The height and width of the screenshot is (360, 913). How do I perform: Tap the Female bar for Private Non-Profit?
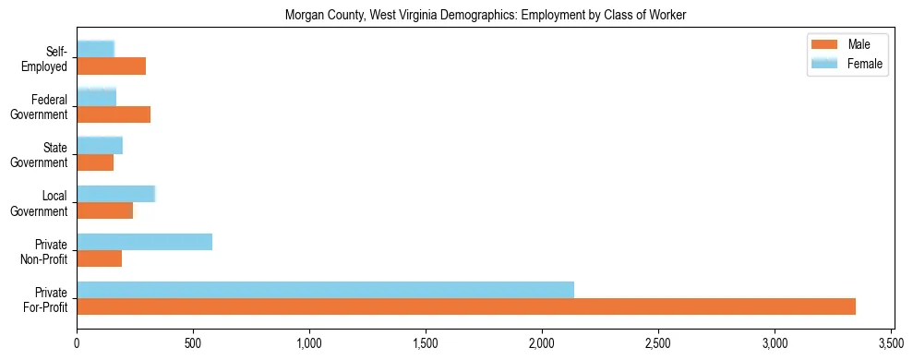click(x=144, y=242)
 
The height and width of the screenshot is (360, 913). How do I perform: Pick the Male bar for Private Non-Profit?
click(x=99, y=258)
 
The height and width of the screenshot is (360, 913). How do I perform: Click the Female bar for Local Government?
click(x=115, y=194)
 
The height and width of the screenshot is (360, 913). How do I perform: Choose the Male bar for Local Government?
click(x=104, y=210)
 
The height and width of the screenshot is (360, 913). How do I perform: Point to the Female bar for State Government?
click(x=100, y=146)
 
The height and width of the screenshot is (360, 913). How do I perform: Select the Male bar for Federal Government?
click(x=114, y=114)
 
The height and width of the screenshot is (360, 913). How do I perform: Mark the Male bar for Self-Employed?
click(x=111, y=66)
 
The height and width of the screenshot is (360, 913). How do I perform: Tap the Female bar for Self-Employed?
click(x=95, y=50)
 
